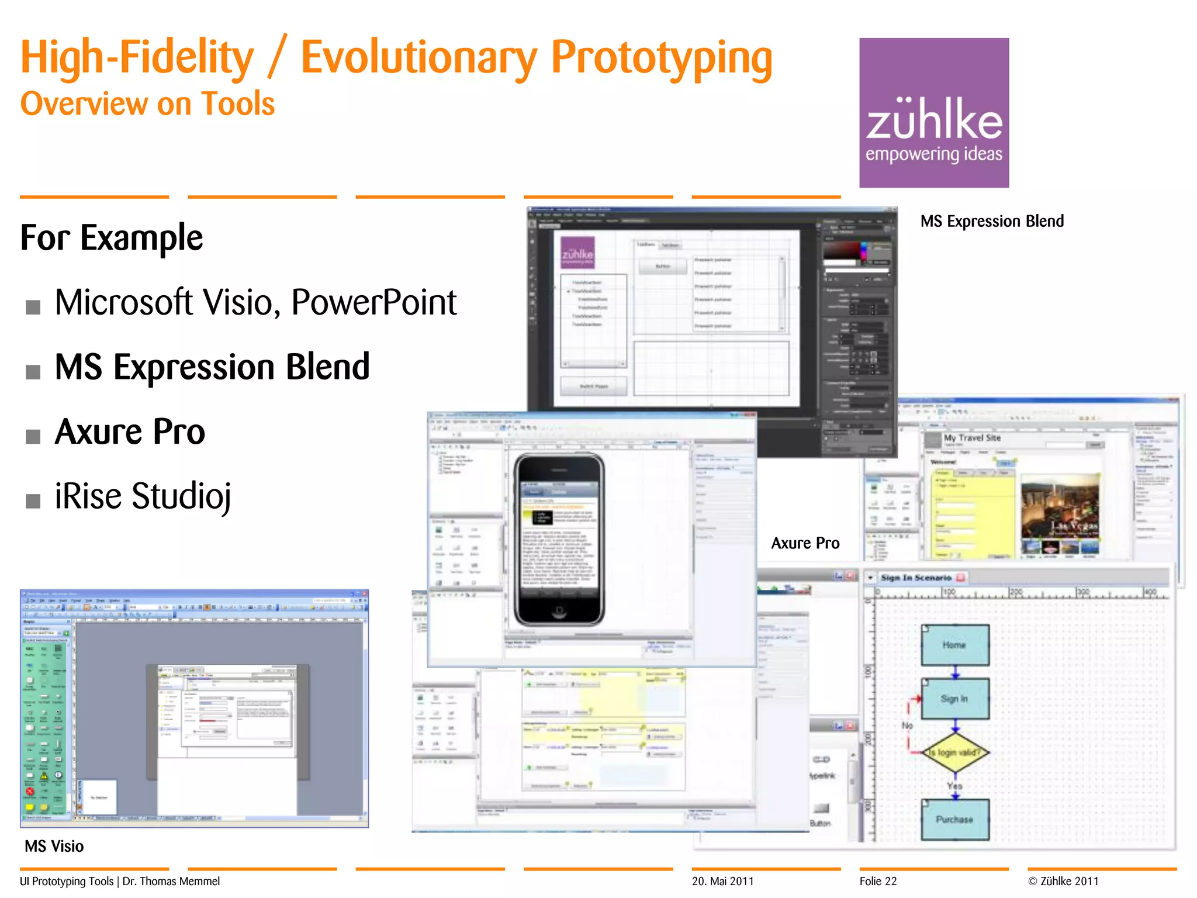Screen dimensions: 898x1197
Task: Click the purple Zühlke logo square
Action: point(933,112)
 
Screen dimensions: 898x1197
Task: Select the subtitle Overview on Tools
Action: point(147,104)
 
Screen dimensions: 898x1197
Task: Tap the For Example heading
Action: point(112,238)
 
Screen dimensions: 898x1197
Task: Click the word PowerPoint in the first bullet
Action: point(373,302)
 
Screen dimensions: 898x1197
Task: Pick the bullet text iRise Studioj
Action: point(143,496)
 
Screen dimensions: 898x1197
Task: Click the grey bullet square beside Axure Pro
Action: point(33,436)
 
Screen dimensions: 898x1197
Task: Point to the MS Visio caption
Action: point(54,846)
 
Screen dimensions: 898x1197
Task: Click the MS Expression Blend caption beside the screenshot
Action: point(991,221)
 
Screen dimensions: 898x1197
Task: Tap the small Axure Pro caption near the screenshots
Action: point(805,543)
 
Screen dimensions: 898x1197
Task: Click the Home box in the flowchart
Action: point(954,645)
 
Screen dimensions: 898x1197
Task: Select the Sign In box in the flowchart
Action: point(954,699)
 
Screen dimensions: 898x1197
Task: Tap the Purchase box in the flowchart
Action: point(954,820)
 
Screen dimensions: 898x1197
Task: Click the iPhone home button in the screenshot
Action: point(559,612)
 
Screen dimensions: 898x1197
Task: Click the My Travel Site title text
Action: point(972,438)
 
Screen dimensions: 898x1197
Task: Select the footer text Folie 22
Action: point(878,881)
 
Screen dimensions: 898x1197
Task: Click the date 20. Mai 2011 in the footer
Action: point(722,881)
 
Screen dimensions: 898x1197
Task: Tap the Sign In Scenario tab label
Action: point(916,578)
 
